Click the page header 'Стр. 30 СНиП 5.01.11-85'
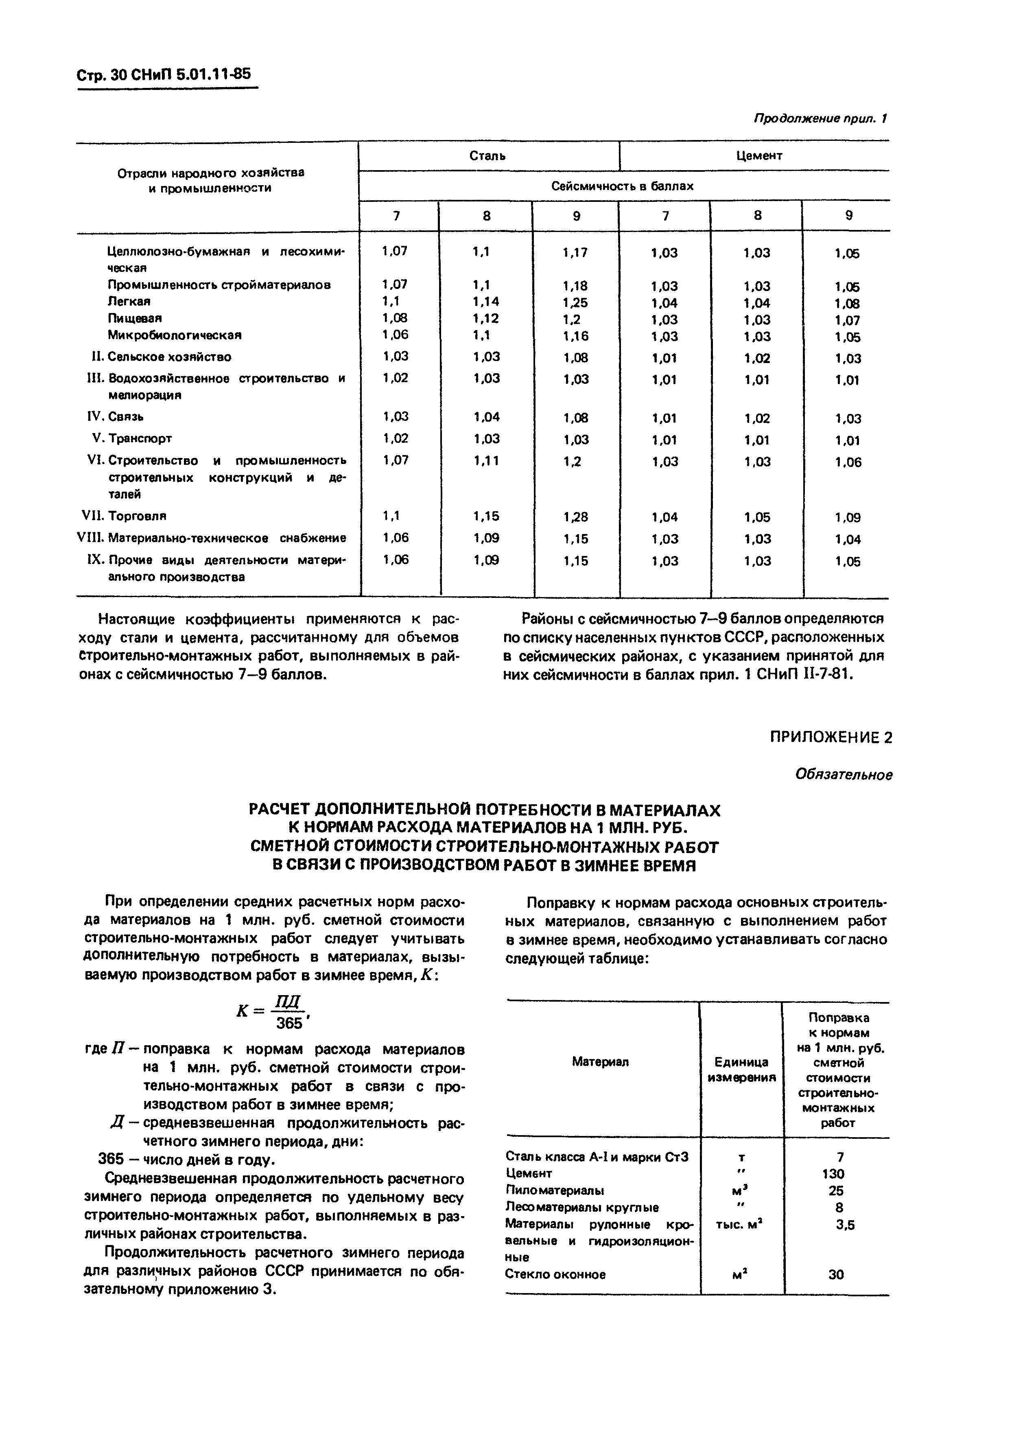tap(163, 75)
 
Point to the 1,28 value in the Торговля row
tap(575, 516)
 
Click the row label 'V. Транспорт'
tap(132, 438)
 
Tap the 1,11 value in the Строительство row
tap(486, 461)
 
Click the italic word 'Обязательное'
tap(844, 775)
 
